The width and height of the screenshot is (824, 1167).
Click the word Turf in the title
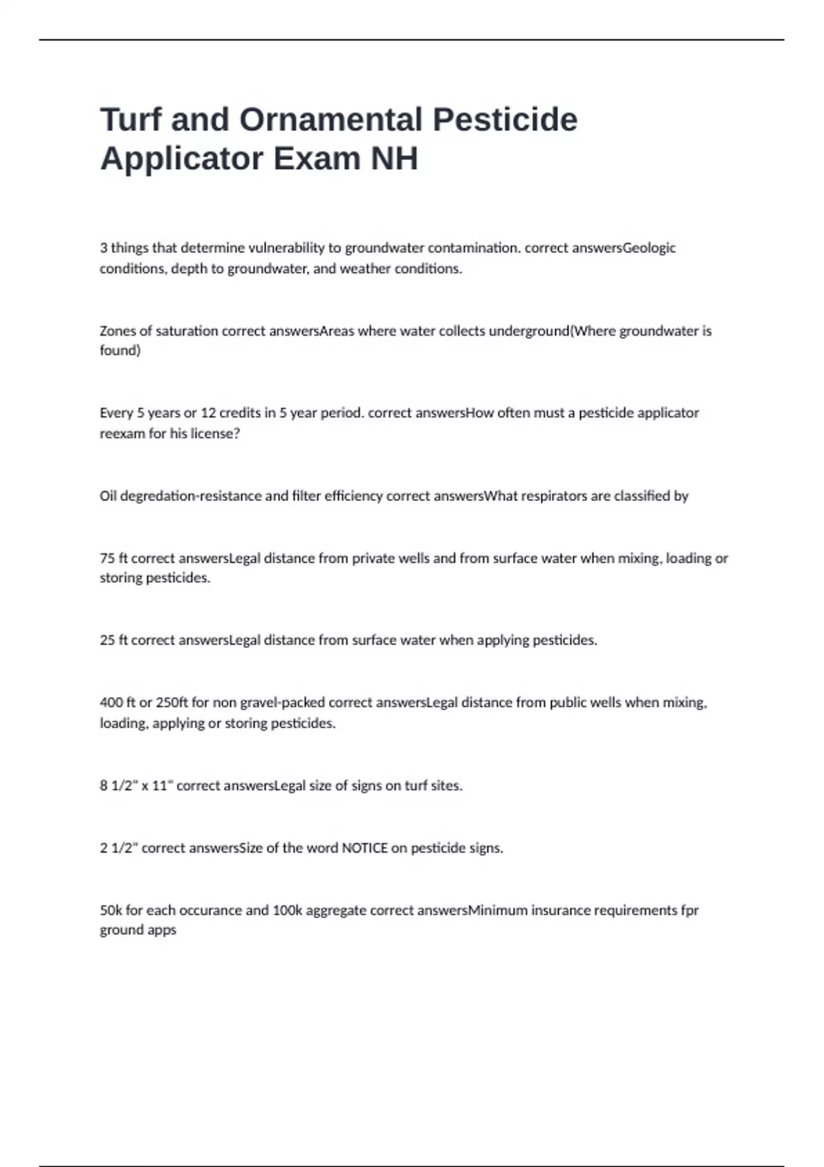(131, 119)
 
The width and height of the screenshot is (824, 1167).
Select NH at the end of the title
(394, 159)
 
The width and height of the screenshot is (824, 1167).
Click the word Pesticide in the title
(505, 119)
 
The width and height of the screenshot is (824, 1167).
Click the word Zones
(117, 331)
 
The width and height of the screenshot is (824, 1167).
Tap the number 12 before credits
(209, 413)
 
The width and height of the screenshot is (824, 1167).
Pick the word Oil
(108, 496)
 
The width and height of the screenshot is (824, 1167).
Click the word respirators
(554, 496)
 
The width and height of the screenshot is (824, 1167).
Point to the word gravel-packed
(282, 702)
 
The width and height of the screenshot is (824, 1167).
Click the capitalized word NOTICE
(365, 848)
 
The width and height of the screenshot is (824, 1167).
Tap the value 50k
(111, 910)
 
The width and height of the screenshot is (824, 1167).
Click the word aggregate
(336, 910)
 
